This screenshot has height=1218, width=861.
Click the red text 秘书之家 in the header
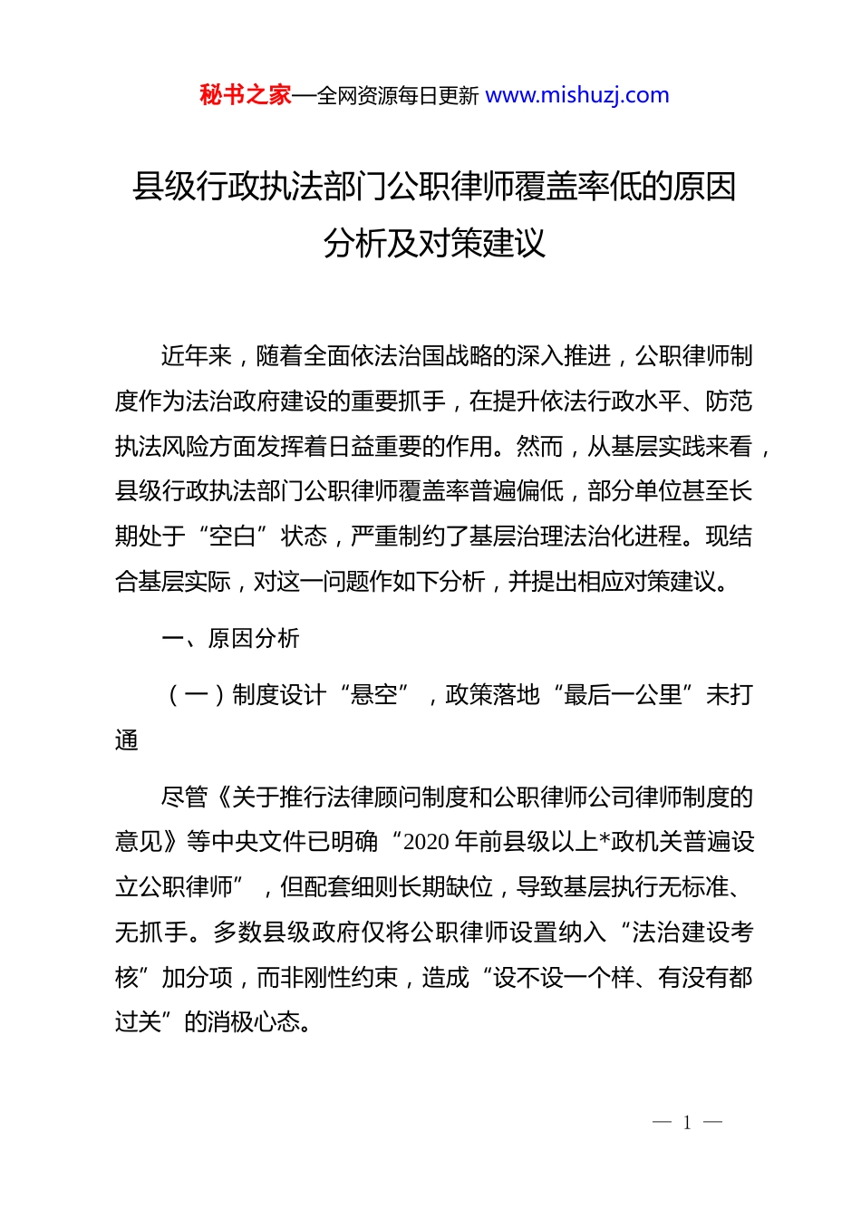pyautogui.click(x=246, y=95)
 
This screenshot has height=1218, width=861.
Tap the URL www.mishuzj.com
pyautogui.click(x=577, y=95)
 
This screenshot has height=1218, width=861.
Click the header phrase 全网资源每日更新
pyautogui.click(x=397, y=96)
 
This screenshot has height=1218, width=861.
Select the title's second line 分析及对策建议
pyautogui.click(x=434, y=244)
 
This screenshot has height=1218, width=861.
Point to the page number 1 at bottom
pyautogui.click(x=687, y=1123)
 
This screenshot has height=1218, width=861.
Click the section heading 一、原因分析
pyautogui.click(x=230, y=639)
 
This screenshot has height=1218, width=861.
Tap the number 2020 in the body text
pyautogui.click(x=427, y=842)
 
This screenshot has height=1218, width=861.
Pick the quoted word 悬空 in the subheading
pyautogui.click(x=374, y=695)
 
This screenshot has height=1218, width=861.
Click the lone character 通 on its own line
pyautogui.click(x=127, y=740)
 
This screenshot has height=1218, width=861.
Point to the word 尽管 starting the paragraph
pyautogui.click(x=185, y=797)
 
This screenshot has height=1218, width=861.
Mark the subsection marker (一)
pyautogui.click(x=197, y=695)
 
